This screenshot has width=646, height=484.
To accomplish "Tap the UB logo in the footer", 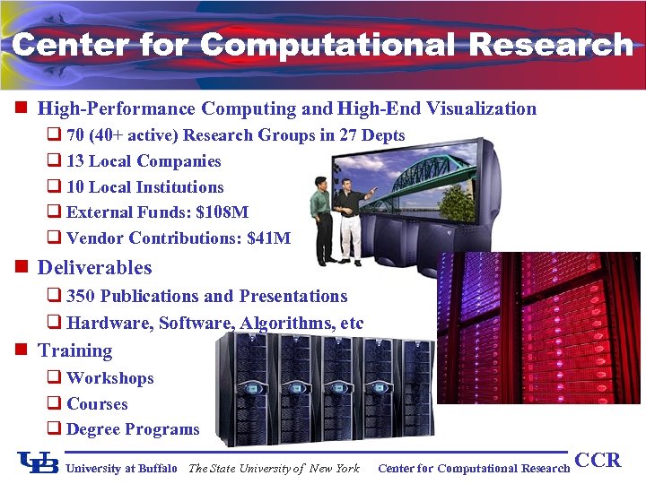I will click(39, 462).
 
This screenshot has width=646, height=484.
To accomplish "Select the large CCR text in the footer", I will click(598, 461).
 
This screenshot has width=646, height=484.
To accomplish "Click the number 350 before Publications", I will click(82, 296).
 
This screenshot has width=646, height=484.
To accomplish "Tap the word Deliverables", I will click(95, 267).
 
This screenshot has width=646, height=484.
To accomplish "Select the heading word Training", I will click(75, 350).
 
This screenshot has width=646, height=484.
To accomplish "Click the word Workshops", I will click(110, 378).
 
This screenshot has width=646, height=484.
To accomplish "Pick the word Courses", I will click(97, 404).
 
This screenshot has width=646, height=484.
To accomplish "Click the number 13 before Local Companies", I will click(76, 161).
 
